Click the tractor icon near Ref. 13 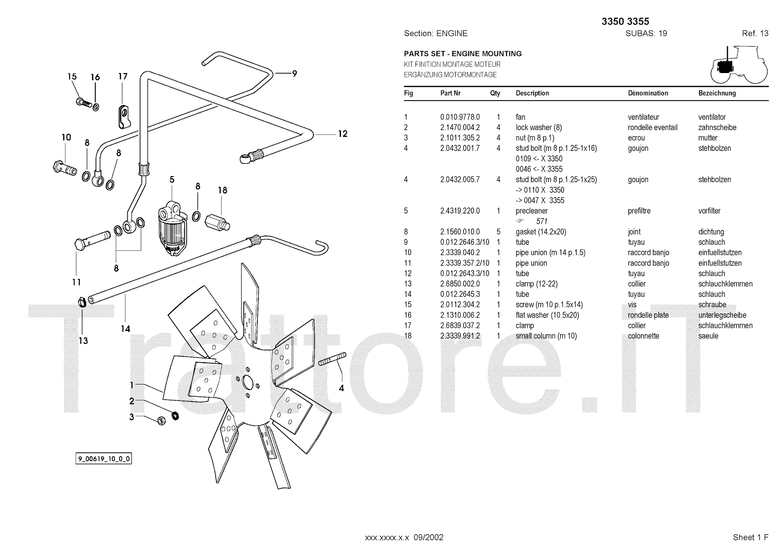[x=738, y=65]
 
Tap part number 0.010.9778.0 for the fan [x=460, y=117]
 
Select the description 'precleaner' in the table [x=532, y=211]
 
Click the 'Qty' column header [x=495, y=93]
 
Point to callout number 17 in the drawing [x=123, y=76]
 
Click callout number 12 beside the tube [x=342, y=134]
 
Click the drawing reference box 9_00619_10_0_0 [x=104, y=459]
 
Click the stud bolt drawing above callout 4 [x=332, y=360]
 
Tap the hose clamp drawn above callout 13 [x=83, y=303]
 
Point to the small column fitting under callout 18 [x=216, y=222]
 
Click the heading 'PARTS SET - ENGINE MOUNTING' [x=462, y=54]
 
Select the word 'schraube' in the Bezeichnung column [x=712, y=305]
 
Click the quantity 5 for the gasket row [x=498, y=232]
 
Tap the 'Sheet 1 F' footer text [x=750, y=537]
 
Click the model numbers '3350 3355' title [x=625, y=21]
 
